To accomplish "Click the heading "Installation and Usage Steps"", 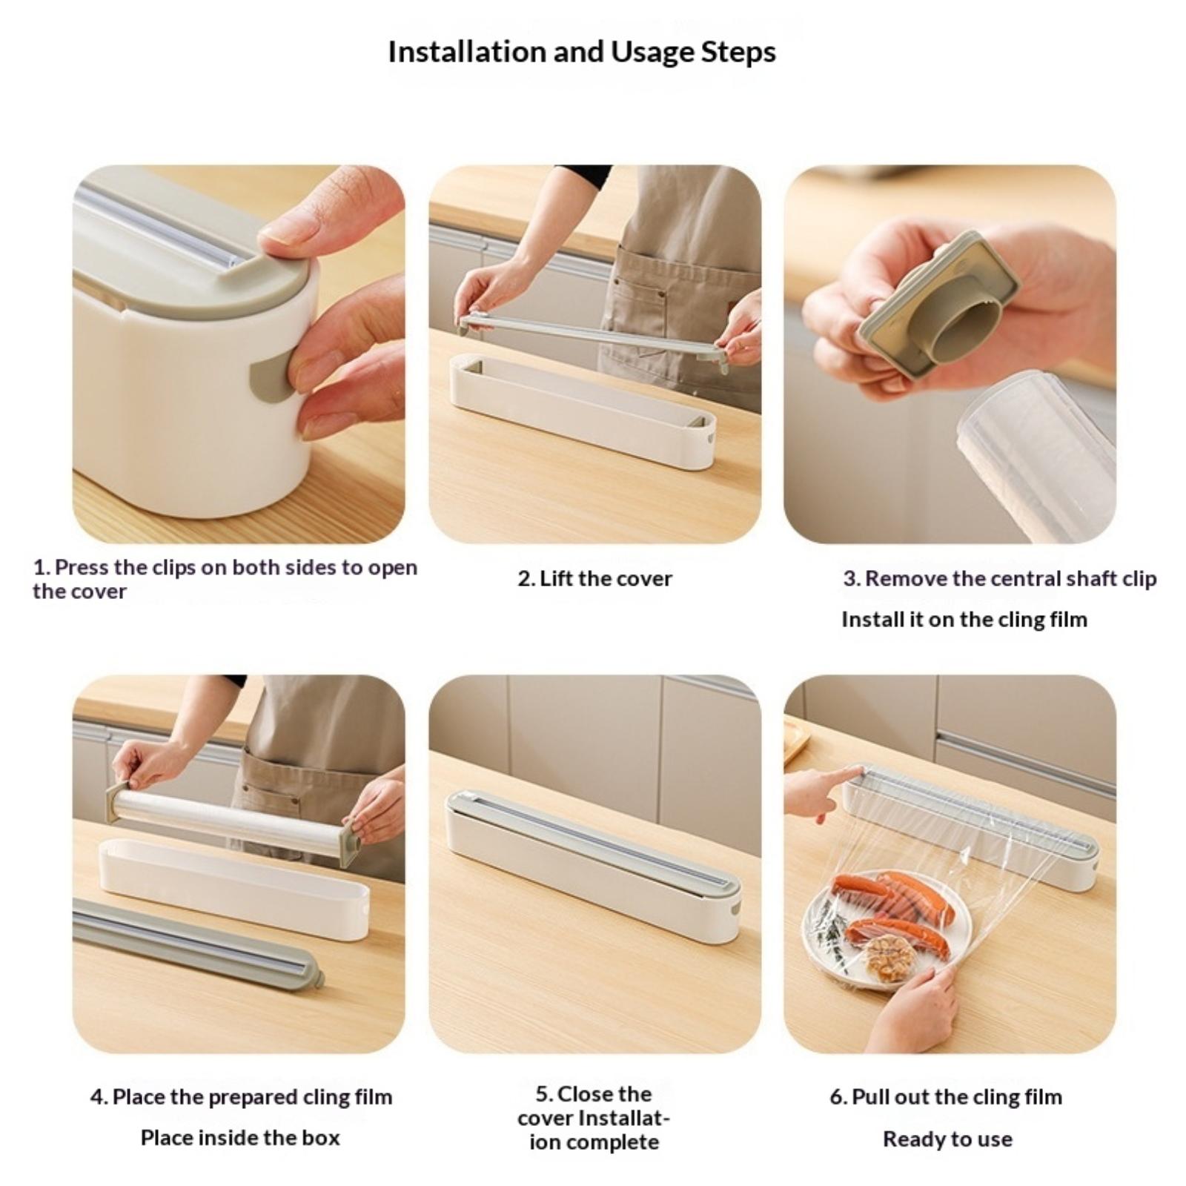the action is point(582,53).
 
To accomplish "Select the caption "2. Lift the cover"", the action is point(594,578).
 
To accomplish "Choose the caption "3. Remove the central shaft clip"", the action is point(999,578).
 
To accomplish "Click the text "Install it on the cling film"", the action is point(964,619).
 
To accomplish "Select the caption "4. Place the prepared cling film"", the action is point(241,1097).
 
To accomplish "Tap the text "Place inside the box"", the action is point(240,1138).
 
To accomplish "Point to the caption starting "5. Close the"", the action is point(594,1119).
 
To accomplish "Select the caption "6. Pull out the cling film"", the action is point(946,1097).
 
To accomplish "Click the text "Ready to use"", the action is point(947,1139).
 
